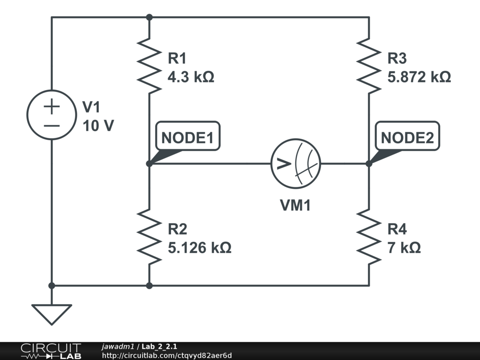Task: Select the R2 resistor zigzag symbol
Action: (x=149, y=236)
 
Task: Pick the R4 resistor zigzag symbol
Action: (x=368, y=236)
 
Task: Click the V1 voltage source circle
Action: (x=52, y=115)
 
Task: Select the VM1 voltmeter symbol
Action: (x=295, y=164)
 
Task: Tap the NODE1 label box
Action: (x=187, y=138)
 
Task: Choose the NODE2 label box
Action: (x=407, y=138)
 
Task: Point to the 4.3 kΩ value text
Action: (x=191, y=76)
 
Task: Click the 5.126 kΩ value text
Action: (x=199, y=247)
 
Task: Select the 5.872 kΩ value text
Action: (x=419, y=76)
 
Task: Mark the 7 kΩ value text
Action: (x=404, y=247)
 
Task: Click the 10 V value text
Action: (x=98, y=126)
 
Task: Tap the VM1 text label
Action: (x=295, y=205)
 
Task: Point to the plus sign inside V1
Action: (x=52, y=106)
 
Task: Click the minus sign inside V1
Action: (x=52, y=126)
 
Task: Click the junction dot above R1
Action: (x=149, y=17)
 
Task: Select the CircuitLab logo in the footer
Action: (x=51, y=351)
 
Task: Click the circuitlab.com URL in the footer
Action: (x=167, y=356)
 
